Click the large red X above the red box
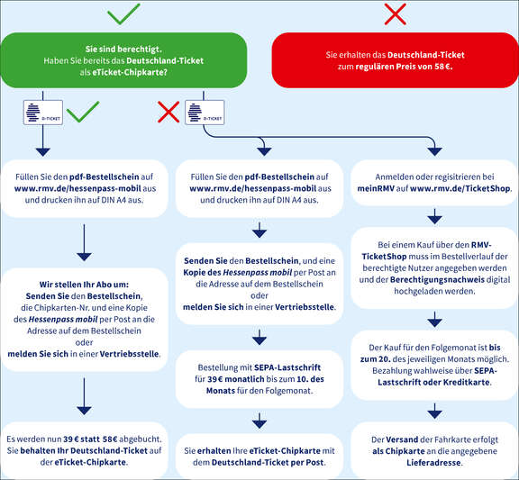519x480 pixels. tap(396, 14)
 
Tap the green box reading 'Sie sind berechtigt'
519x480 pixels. tap(123, 60)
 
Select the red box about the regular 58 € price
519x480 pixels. tap(395, 60)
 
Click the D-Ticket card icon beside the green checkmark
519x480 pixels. tap(43, 113)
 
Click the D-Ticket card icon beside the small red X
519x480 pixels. tap(205, 113)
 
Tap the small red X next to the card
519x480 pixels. tap(168, 112)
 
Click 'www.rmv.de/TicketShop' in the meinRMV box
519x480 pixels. tap(460, 188)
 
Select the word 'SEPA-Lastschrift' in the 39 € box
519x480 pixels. tap(287, 367)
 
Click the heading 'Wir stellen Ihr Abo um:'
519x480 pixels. tap(84, 285)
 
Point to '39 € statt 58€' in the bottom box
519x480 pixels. tap(90, 439)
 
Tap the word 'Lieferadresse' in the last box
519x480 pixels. tap(434, 463)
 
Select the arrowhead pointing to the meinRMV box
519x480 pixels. tap(434, 151)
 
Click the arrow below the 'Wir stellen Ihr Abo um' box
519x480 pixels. tap(84, 396)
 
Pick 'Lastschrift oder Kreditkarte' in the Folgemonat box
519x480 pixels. tap(433, 383)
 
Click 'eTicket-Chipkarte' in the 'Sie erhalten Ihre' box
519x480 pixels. tap(285, 451)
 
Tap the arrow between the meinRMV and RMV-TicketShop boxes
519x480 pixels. tap(434, 216)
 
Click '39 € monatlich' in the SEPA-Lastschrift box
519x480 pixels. tap(236, 379)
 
